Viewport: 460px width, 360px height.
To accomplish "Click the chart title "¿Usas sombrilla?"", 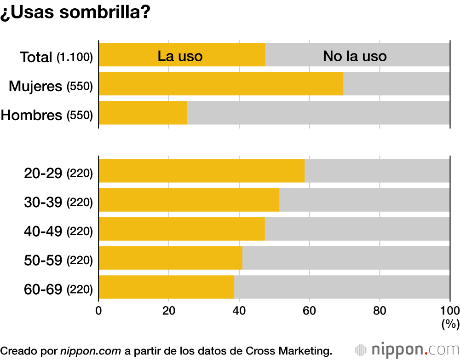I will (75, 12).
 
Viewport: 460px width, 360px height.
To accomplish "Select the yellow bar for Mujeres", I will (221, 84).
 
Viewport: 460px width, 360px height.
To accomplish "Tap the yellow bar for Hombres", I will (143, 113).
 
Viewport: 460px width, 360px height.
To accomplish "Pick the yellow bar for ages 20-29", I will (201, 171).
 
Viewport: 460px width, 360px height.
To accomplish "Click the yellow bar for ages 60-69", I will (166, 287).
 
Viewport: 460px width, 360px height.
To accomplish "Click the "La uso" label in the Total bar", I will (180, 56).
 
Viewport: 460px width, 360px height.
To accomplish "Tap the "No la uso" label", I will (355, 56).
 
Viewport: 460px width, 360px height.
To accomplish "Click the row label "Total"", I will (36, 58).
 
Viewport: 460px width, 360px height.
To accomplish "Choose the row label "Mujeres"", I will (35, 86).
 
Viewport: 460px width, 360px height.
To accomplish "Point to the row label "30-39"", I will (43, 202).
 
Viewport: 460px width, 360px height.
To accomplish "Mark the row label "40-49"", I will (43, 231).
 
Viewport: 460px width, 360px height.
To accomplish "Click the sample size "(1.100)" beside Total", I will (75, 58).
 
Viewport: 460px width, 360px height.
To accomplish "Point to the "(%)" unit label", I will (450, 324).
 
